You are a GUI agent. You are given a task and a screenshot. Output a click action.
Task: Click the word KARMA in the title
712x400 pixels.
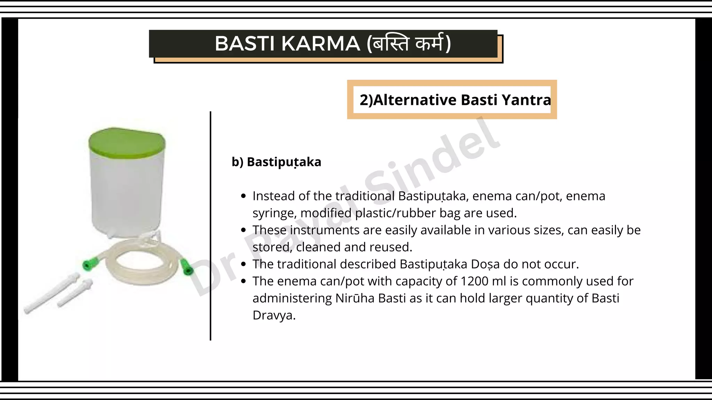pyautogui.click(x=321, y=44)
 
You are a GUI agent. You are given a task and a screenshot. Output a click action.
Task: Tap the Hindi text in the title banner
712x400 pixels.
pyautogui.click(x=409, y=44)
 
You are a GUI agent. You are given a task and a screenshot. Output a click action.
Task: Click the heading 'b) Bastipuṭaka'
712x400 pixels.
pyautogui.click(x=276, y=162)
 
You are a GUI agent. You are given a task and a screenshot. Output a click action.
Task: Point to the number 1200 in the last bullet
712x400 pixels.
pyautogui.click(x=474, y=281)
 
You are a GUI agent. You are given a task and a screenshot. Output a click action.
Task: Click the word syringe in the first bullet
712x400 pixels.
pyautogui.click(x=273, y=213)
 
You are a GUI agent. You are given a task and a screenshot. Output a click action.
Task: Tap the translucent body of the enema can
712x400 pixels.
pyautogui.click(x=127, y=194)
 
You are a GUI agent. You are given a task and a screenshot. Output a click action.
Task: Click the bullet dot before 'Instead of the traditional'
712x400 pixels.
pyautogui.click(x=243, y=197)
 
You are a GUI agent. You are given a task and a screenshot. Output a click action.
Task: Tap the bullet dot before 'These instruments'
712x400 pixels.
pyautogui.click(x=243, y=231)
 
